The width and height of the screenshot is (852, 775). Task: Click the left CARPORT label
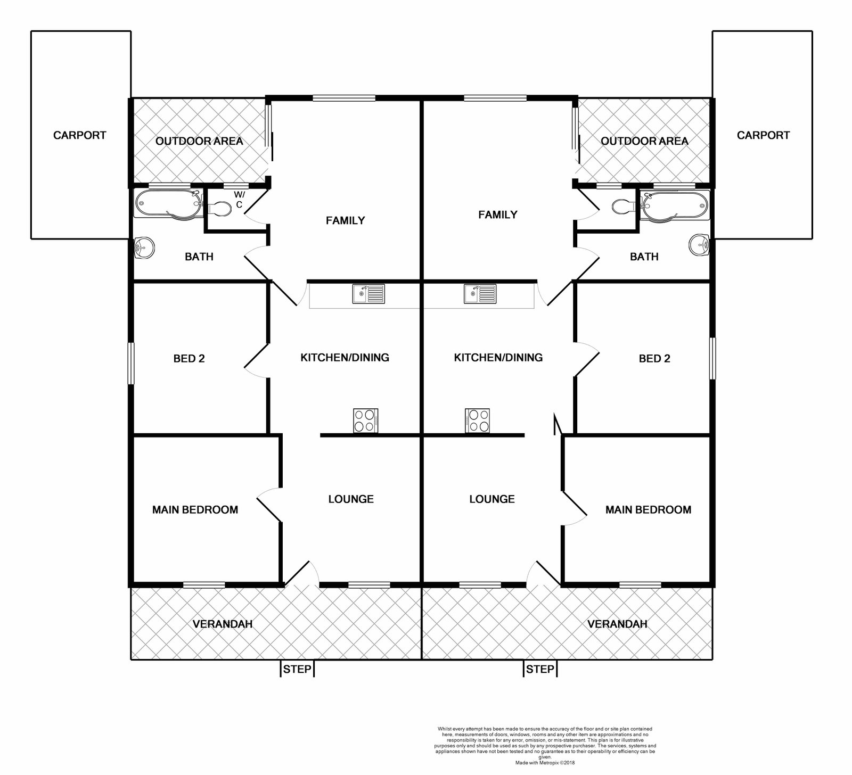tap(80, 135)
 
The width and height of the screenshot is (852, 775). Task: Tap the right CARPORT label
tap(763, 135)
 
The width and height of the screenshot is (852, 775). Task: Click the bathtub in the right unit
tap(675, 205)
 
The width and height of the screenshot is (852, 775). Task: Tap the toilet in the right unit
tap(624, 205)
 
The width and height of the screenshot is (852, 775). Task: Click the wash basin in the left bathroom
tap(144, 247)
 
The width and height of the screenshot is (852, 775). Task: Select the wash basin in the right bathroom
tap(700, 245)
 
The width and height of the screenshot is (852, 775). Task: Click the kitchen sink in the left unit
tap(368, 294)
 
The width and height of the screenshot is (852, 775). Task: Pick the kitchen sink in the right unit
tap(480, 294)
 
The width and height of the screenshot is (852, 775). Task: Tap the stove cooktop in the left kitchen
tap(366, 421)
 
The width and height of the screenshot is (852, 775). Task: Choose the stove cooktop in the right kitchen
tap(478, 421)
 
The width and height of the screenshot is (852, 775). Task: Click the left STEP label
tap(297, 669)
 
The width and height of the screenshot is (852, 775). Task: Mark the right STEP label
tap(540, 669)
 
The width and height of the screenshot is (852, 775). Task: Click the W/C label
tap(239, 200)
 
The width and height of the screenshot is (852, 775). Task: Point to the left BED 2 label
tap(189, 359)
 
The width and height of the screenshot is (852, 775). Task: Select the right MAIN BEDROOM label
tap(648, 510)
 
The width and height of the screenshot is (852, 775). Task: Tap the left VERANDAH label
tap(223, 624)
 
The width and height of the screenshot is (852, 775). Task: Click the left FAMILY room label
tap(346, 220)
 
